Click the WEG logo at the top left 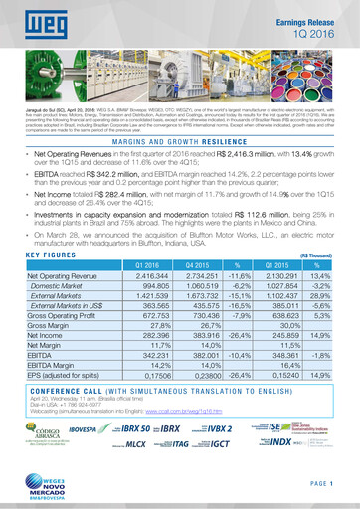(x=32, y=19)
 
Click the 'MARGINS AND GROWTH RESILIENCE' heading (x=180, y=143)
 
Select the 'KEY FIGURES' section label (x=45, y=254)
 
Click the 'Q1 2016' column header (x=145, y=265)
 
